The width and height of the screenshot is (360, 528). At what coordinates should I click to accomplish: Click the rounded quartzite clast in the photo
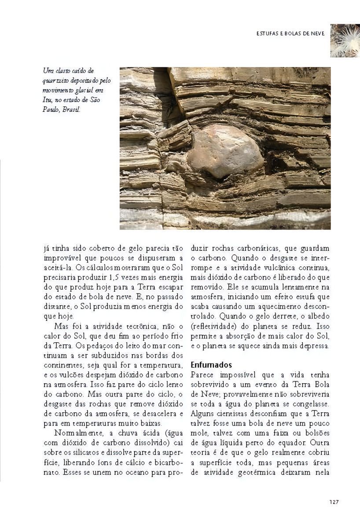click(x=224, y=150)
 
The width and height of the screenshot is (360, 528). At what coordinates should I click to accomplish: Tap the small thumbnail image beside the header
click(x=345, y=40)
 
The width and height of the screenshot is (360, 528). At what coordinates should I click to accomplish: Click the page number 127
click(x=333, y=502)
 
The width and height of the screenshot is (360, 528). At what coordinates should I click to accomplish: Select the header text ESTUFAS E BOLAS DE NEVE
click(x=290, y=33)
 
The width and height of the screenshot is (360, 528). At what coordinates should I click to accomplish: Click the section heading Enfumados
click(x=211, y=365)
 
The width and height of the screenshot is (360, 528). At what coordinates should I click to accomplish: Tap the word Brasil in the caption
click(x=72, y=110)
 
